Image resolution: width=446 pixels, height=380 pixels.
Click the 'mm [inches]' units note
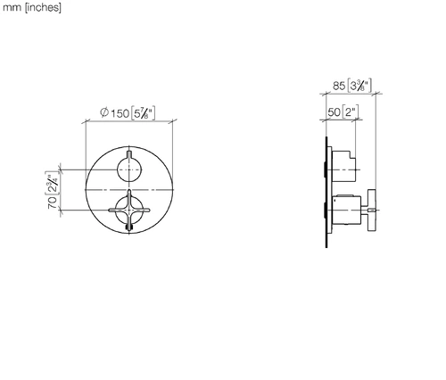pyautogui.click(x=32, y=7)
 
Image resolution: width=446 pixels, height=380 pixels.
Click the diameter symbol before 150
pyautogui.click(x=104, y=112)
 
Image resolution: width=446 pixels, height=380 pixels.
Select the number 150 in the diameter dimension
pyautogui.click(x=120, y=113)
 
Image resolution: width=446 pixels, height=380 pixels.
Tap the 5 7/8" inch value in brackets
pyautogui.click(x=143, y=113)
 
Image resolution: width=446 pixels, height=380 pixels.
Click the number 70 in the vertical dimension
pyautogui.click(x=53, y=202)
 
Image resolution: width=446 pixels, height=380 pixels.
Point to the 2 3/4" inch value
pyautogui.click(x=52, y=184)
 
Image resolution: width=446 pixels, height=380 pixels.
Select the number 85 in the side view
pyautogui.click(x=339, y=86)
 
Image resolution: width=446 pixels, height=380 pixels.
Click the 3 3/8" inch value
pyautogui.click(x=359, y=86)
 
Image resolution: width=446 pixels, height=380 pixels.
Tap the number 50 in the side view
pyautogui.click(x=334, y=112)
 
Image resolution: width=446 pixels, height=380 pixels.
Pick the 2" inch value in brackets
pyautogui.click(x=351, y=112)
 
